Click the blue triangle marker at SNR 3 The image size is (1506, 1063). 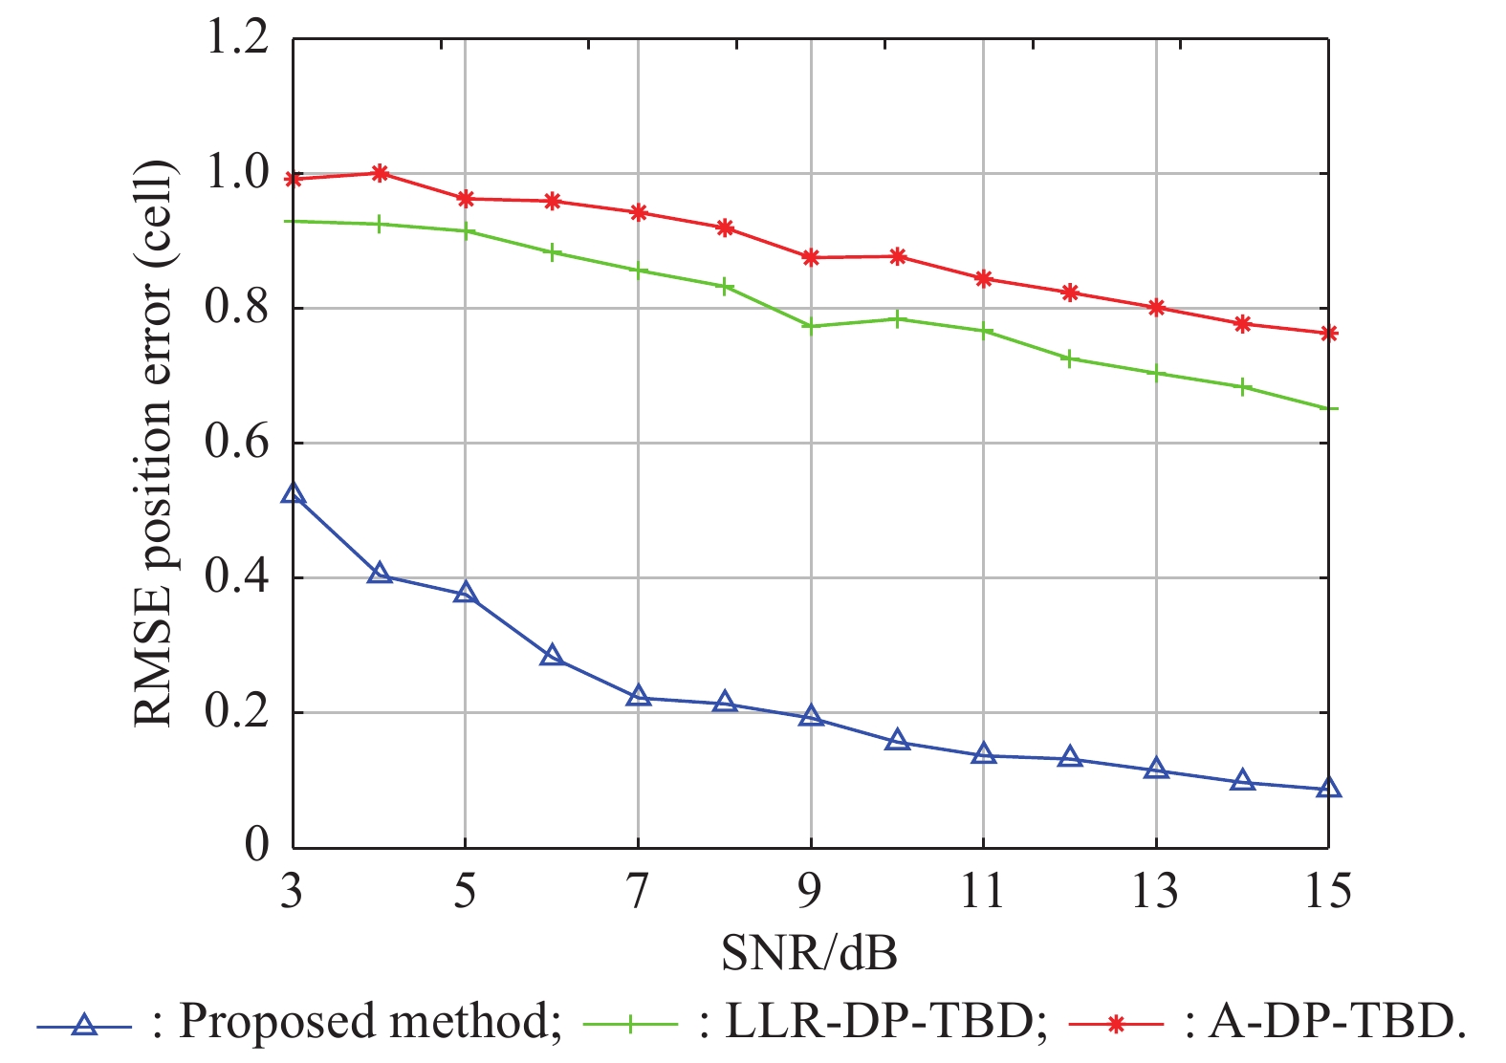pyautogui.click(x=293, y=494)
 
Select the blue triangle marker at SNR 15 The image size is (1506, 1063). pyautogui.click(x=1328, y=789)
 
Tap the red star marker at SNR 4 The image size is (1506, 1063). pyautogui.click(x=380, y=173)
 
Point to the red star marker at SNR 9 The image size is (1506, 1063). pyautogui.click(x=811, y=257)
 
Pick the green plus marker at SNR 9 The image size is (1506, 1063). pyautogui.click(x=811, y=327)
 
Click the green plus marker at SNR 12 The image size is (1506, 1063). pyautogui.click(x=1070, y=358)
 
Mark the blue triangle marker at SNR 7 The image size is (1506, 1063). pyautogui.click(x=639, y=697)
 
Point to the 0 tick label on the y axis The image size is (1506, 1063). pyautogui.click(x=256, y=845)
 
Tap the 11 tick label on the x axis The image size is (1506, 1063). pyautogui.click(x=983, y=892)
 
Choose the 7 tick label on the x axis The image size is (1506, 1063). pyautogui.click(x=638, y=892)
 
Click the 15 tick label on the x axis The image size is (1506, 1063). pyautogui.click(x=1328, y=892)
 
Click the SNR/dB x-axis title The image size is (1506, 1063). pyautogui.click(x=809, y=952)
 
